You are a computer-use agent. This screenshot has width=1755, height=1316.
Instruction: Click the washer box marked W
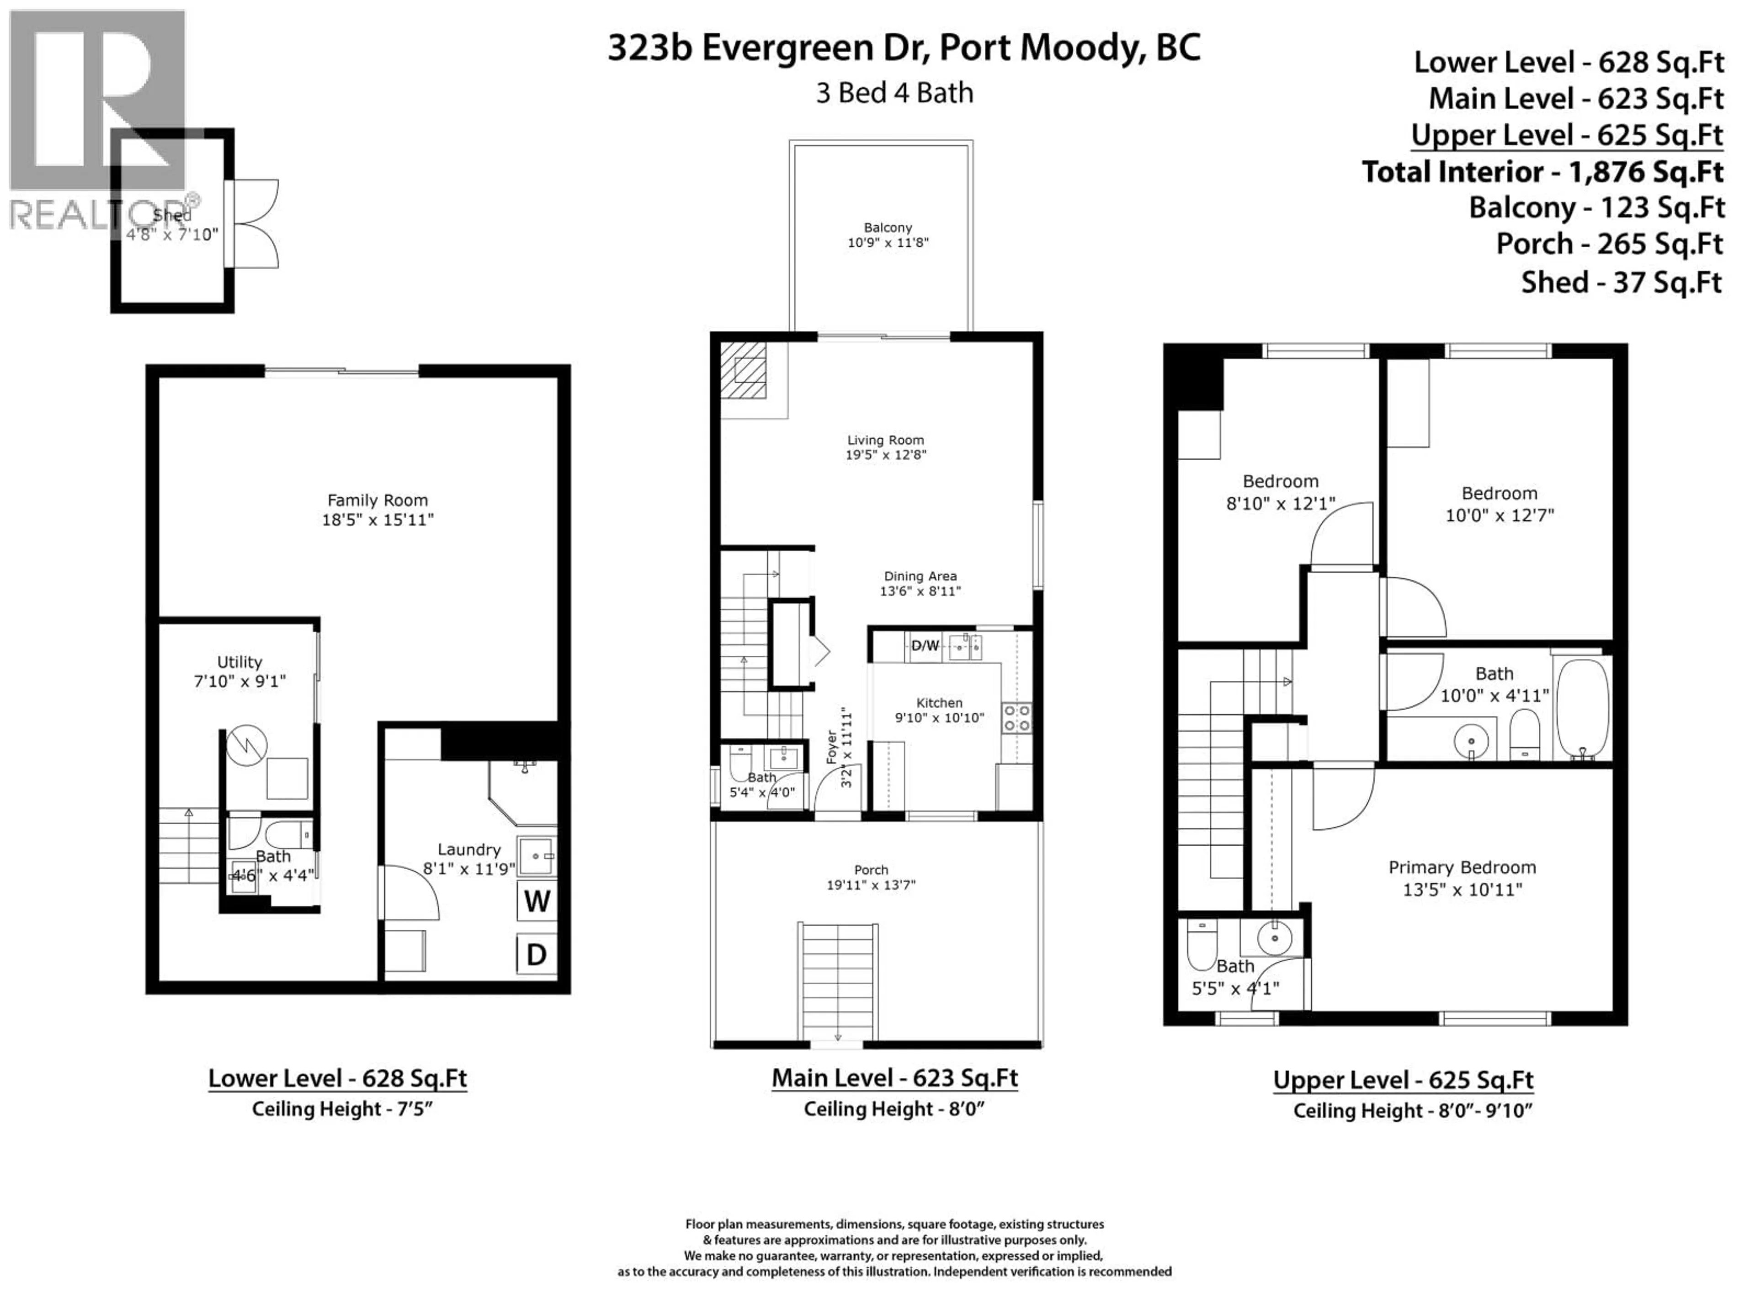537,901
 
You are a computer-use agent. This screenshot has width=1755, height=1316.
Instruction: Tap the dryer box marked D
537,954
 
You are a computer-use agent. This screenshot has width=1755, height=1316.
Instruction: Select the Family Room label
378,500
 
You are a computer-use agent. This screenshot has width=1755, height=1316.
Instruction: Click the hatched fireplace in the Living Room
744,370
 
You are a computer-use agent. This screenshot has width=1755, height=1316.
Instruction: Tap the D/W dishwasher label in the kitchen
925,646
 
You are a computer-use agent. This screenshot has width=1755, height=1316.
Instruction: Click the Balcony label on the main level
888,228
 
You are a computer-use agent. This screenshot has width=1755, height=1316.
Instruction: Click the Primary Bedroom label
1462,867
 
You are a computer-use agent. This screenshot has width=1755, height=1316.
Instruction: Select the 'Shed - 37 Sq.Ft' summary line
1621,282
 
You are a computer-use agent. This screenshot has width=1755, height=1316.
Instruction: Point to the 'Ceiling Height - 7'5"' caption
342,1109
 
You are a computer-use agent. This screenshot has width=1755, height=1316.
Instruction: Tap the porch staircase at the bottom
838,981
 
